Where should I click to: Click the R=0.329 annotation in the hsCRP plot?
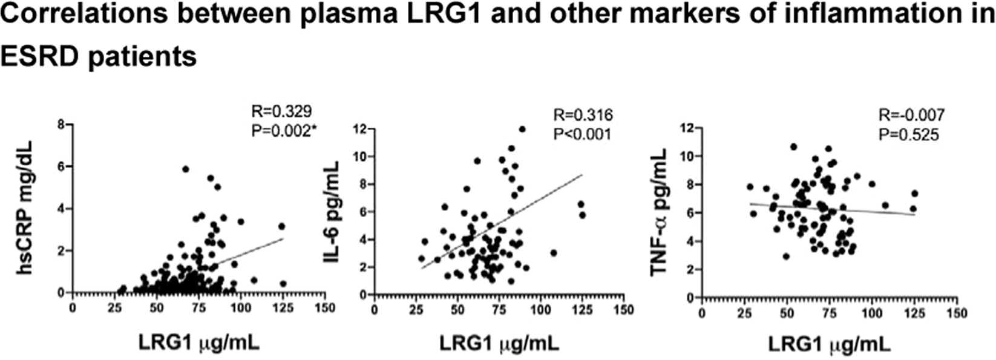pyautogui.click(x=281, y=111)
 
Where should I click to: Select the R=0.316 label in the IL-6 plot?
pyautogui.click(x=583, y=116)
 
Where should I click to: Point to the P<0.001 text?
pyautogui.click(x=583, y=133)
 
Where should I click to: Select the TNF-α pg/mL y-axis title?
pyautogui.click(x=659, y=212)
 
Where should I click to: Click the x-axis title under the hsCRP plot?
pyautogui.click(x=199, y=342)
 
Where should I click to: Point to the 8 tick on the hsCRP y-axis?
pyautogui.click(x=61, y=124)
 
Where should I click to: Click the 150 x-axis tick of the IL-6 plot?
pyautogui.click(x=621, y=310)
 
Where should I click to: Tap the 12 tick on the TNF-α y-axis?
pyautogui.click(x=686, y=128)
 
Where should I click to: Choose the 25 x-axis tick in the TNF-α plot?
pyautogui.click(x=744, y=313)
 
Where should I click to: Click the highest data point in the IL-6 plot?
pyautogui.click(x=522, y=129)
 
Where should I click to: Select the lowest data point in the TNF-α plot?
pyautogui.click(x=785, y=257)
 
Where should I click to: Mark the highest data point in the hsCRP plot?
pyautogui.click(x=186, y=169)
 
